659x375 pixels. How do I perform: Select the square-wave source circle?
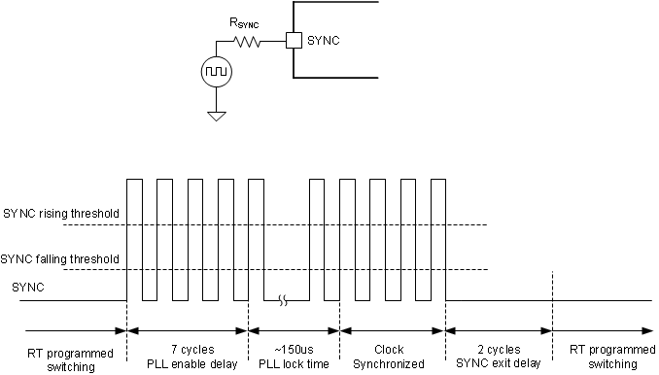[215, 72]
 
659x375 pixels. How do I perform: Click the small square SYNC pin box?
[293, 41]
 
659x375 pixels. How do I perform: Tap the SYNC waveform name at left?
[27, 288]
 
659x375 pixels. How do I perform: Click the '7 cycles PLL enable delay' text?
[188, 356]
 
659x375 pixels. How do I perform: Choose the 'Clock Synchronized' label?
[392, 356]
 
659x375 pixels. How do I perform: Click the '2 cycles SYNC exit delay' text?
[498, 356]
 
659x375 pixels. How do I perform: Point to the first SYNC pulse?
[135, 239]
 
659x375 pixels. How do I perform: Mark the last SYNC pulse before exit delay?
[437, 239]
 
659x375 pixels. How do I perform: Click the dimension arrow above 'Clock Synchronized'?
[392, 331]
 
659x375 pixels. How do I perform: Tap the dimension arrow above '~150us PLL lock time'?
[294, 331]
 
